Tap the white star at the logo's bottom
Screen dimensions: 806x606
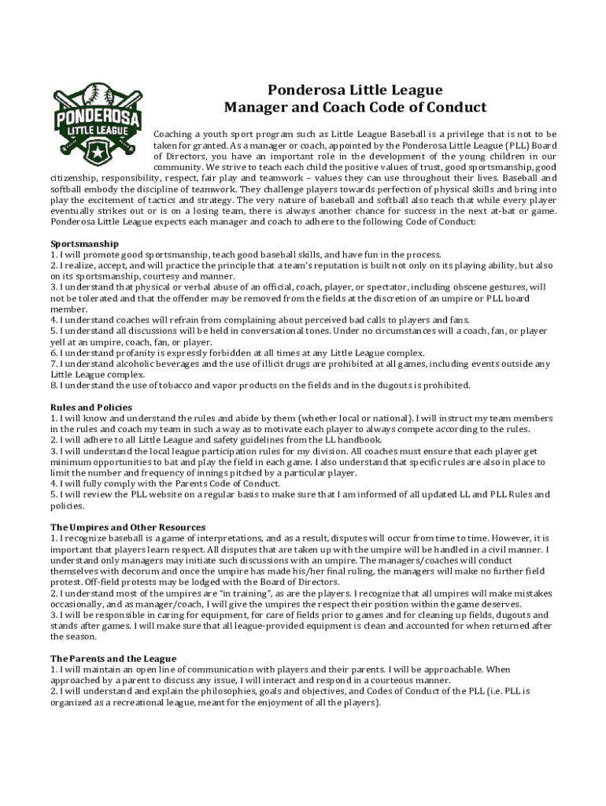pos(98,148)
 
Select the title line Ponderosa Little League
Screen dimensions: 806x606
pos(355,90)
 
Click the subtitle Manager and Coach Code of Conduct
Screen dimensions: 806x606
pos(355,108)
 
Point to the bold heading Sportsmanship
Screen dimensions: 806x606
pos(84,243)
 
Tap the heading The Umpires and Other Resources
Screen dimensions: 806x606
pos(128,527)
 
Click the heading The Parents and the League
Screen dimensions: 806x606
pos(113,658)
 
